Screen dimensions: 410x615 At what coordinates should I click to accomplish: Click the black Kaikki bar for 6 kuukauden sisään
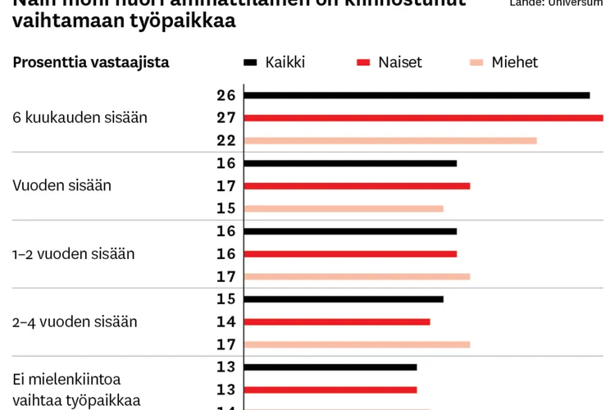coord(417,95)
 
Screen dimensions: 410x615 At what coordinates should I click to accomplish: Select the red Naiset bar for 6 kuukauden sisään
coord(423,118)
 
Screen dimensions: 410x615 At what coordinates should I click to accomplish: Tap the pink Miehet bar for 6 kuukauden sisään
coord(390,140)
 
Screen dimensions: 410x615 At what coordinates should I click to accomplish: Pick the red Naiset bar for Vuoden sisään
coord(357,186)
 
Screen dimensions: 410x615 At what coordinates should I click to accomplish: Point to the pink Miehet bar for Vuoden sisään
coord(344,208)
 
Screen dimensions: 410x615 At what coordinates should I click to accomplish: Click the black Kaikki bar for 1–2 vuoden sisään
coord(350,231)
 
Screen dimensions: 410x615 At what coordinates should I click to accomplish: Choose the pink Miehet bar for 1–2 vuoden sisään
coord(357,276)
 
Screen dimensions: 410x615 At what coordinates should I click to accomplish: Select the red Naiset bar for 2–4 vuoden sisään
coord(337,321)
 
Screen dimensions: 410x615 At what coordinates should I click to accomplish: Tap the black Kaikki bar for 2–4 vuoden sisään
coord(344,299)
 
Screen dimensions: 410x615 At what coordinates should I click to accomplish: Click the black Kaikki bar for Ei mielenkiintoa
coord(330,367)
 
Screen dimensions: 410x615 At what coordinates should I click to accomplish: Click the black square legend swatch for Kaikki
coord(251,62)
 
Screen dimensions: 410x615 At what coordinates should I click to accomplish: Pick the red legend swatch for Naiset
coord(364,62)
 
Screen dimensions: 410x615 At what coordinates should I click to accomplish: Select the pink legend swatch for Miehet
coord(476,62)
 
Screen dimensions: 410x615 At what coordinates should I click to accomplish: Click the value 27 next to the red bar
coord(226,118)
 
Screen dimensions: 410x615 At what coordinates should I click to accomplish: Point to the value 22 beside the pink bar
coord(226,140)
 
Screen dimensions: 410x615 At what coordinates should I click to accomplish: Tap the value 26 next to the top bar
coord(226,95)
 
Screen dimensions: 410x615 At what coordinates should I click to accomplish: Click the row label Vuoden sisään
coord(61,185)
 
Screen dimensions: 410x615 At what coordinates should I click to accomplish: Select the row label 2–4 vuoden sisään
coord(75,321)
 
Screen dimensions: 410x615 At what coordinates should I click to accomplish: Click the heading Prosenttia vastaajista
coord(91,62)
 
